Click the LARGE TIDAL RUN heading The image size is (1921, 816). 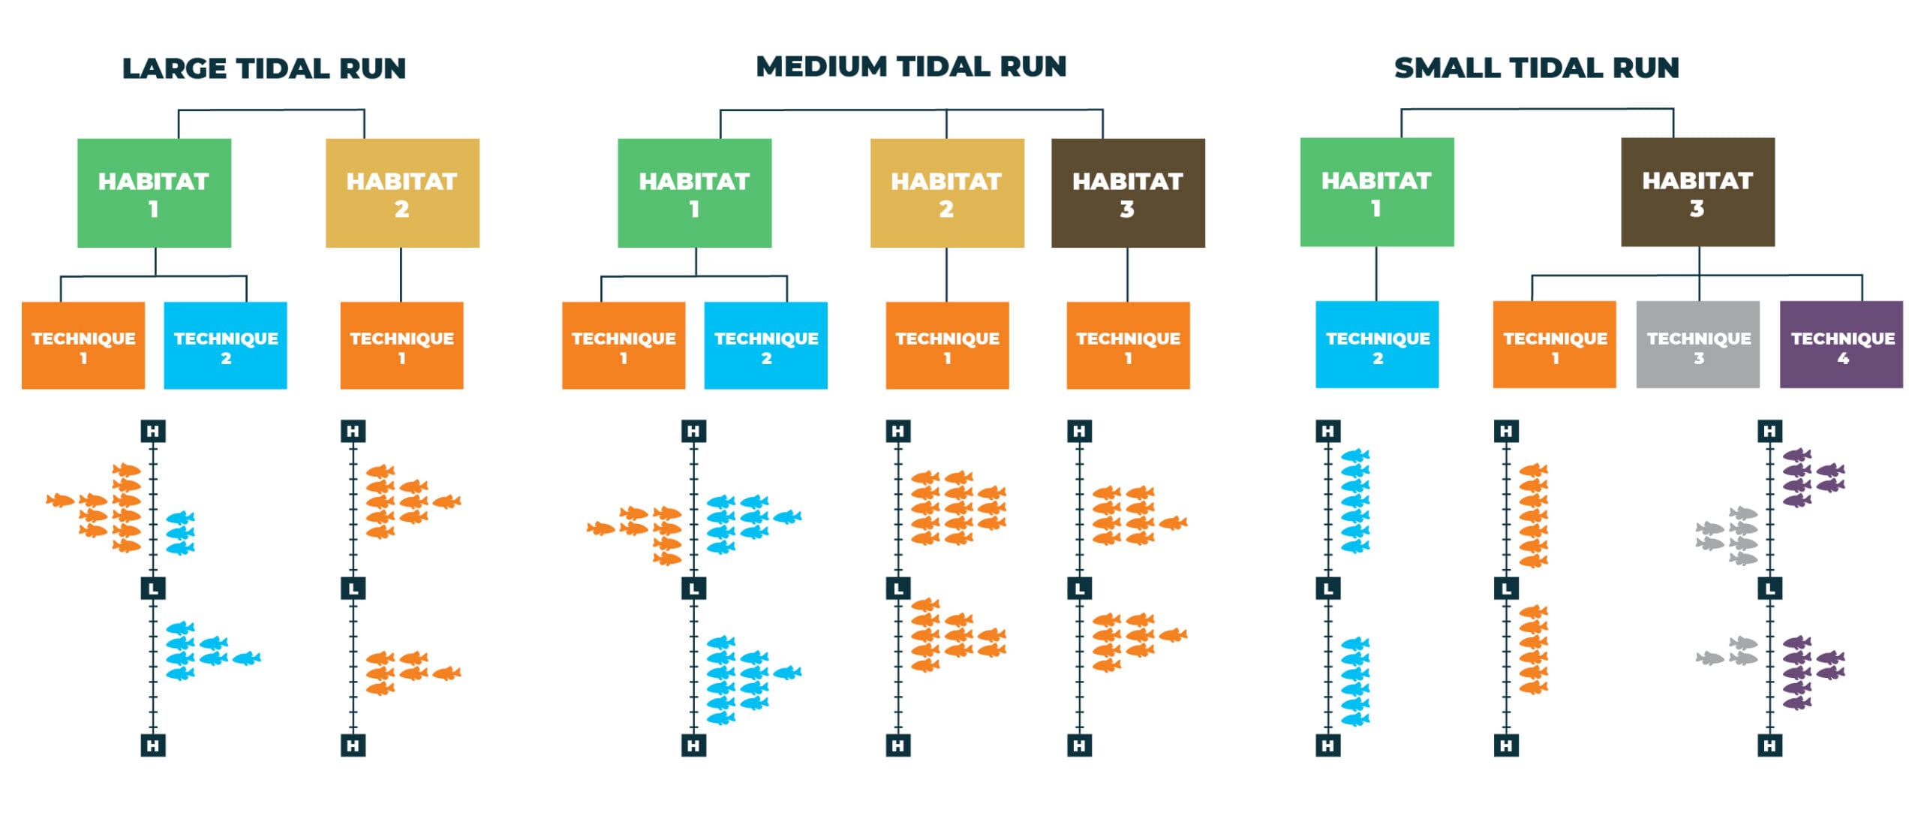[263, 68]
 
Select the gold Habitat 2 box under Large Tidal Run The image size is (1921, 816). [402, 193]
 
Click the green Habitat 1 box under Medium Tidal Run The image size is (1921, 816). [694, 193]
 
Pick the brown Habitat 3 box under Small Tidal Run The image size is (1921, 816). [1697, 192]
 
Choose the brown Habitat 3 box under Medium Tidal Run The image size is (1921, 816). [1128, 193]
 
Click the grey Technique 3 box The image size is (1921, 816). [1698, 345]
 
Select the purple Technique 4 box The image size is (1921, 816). [1841, 345]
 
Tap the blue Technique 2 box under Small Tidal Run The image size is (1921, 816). [1377, 345]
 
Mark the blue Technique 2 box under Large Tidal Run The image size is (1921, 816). [225, 346]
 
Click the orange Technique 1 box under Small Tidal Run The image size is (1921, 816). [1554, 345]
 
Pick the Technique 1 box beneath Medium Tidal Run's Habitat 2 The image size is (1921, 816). [947, 346]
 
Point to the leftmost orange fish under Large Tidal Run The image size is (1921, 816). [60, 500]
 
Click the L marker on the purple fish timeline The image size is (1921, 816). [1770, 589]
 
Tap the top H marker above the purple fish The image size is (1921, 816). [1770, 431]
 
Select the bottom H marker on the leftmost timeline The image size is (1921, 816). [153, 745]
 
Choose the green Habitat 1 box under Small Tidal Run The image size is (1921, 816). [1377, 192]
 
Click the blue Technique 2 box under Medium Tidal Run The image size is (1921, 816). [765, 346]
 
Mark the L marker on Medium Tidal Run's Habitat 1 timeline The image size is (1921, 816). [693, 589]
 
